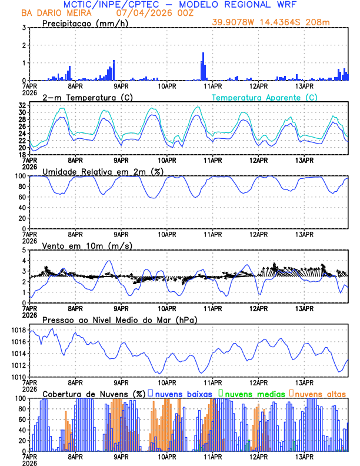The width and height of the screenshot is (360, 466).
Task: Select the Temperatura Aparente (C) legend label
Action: pyautogui.click(x=264, y=97)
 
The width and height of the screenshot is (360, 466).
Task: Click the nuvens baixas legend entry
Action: pyautogui.click(x=183, y=393)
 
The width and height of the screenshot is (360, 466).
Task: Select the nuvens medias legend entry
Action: pyautogui.click(x=252, y=393)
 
